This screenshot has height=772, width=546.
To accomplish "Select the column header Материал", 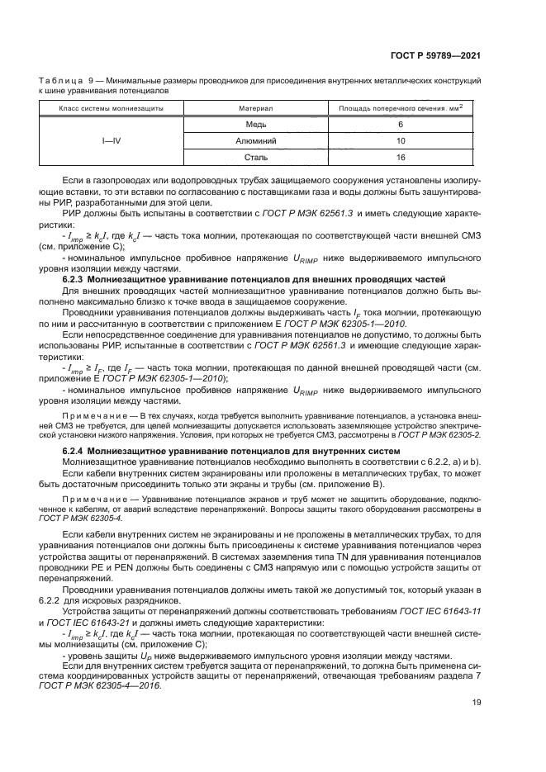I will (x=256, y=108).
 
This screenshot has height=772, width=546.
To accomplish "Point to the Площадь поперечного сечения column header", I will (x=401, y=108).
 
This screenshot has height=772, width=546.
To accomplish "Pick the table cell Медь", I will (x=256, y=124).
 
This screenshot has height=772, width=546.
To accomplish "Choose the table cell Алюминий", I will (x=256, y=140).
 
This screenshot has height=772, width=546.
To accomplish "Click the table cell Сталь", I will (x=256, y=156).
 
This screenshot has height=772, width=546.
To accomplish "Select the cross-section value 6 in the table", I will (x=400, y=124).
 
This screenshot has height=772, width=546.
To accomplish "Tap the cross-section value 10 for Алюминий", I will (x=400, y=140).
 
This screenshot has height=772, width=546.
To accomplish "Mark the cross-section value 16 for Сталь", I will (x=400, y=156).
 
